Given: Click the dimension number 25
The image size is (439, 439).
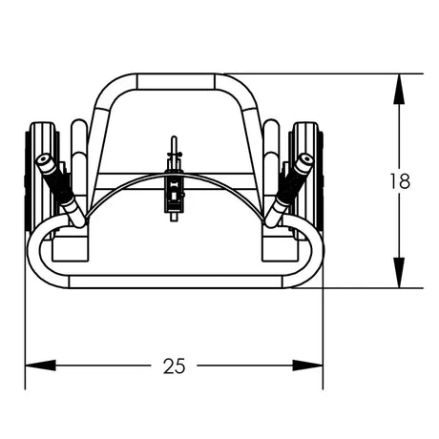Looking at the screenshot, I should pos(174,366).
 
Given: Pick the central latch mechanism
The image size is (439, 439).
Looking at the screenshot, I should pos(174,186).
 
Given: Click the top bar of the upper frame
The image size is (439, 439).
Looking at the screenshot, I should pos(174,81).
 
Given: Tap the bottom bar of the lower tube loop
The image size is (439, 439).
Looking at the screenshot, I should pos(174,282).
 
